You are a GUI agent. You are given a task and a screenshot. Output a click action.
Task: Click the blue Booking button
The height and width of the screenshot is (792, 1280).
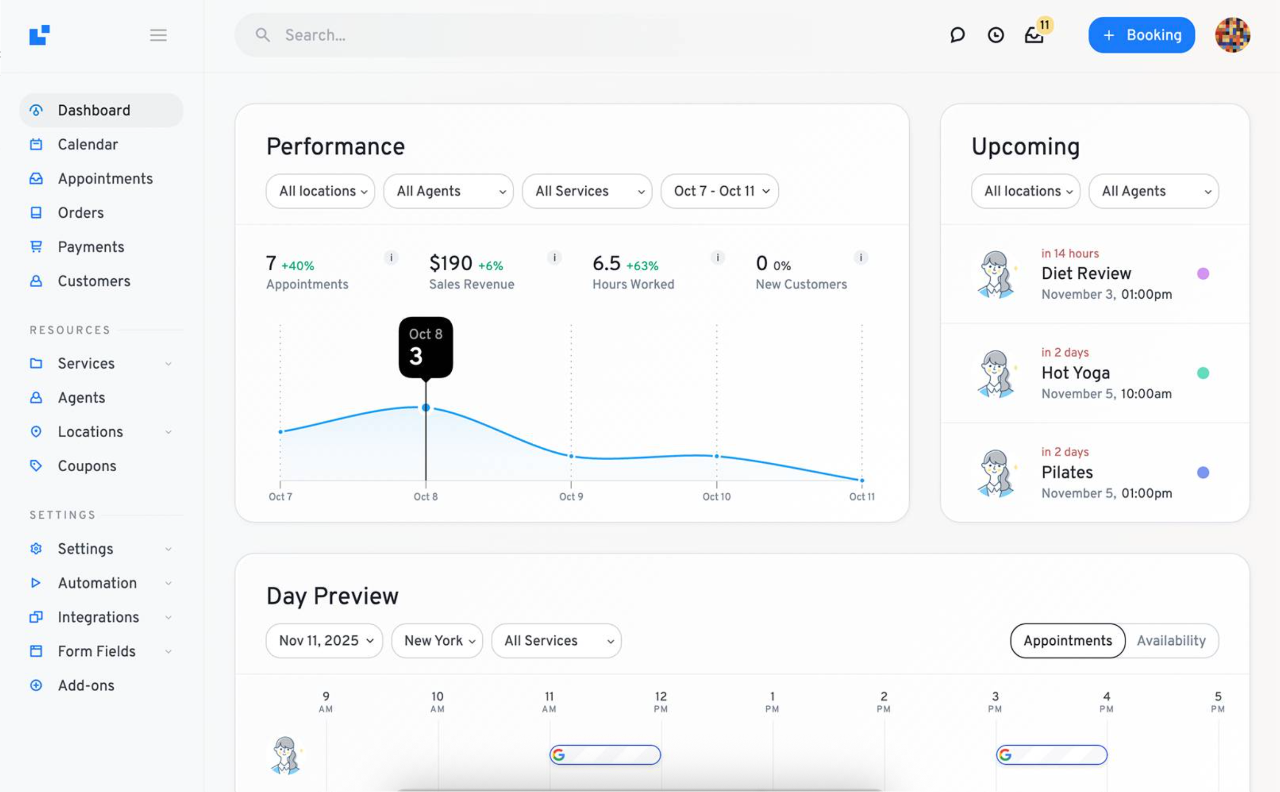coord(1141,35)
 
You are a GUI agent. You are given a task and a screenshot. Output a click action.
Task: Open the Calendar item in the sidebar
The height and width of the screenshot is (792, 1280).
coord(87,145)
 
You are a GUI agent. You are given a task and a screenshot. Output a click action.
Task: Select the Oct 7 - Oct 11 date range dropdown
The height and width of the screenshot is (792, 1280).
coord(719,191)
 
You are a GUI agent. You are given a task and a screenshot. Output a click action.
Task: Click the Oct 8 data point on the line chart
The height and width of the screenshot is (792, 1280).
coord(425,408)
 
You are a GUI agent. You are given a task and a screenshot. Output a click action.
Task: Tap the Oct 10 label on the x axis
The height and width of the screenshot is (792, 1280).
coord(716,496)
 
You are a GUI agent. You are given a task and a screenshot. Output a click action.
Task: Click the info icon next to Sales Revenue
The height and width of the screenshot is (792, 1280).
coord(554,258)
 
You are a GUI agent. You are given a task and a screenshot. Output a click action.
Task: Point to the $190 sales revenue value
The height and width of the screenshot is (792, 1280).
coord(451,263)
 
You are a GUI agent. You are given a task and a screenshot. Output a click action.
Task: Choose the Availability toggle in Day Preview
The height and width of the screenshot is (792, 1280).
coord(1171,641)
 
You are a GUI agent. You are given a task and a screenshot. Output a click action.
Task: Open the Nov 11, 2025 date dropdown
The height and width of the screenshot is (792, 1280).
coord(324,641)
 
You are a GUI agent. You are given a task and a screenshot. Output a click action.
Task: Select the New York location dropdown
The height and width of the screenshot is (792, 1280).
coord(437,641)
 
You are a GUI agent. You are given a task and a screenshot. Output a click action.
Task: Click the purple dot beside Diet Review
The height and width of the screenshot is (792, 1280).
coord(1203,273)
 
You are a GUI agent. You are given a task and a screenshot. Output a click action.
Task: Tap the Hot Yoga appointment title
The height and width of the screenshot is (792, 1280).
coord(1075,373)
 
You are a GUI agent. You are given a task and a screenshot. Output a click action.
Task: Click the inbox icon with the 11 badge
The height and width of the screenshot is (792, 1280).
coord(1034,35)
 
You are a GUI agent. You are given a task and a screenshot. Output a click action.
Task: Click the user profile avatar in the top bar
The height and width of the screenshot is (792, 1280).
coord(1232,35)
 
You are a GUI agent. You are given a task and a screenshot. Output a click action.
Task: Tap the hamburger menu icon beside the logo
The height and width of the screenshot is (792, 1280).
coord(158,35)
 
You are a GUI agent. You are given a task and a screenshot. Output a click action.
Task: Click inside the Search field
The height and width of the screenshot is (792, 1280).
coord(473,35)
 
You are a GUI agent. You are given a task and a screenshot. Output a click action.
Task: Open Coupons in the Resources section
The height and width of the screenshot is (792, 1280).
coord(87,466)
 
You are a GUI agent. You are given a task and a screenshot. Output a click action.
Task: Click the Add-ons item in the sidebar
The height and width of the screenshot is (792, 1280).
coord(86,685)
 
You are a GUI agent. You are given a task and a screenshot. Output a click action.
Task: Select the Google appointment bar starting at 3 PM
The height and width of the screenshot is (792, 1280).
coord(1052,755)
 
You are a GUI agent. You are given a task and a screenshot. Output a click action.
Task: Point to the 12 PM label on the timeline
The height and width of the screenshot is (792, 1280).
coord(661,702)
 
